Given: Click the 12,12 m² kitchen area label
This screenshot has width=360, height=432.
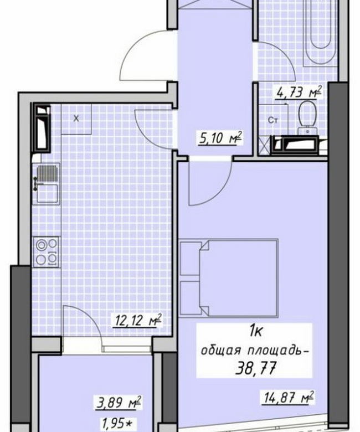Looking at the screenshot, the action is coord(137,321).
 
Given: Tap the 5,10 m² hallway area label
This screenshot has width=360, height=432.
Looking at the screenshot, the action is coord(220,138).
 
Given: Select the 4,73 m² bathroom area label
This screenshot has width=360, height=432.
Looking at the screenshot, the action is coord(299,92).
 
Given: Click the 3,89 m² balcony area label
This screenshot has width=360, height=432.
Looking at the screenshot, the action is coord(119,404).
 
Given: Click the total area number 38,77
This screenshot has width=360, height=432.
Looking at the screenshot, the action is coord(256,368).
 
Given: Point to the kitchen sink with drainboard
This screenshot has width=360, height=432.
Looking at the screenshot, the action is coord(47,184).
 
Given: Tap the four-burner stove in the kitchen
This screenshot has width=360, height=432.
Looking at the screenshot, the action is coord(47,252).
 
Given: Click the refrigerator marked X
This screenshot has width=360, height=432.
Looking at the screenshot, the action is coord(76,119).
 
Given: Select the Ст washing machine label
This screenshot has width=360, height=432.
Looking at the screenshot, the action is coord(272,120).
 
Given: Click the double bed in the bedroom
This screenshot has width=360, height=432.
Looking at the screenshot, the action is coord(238,278).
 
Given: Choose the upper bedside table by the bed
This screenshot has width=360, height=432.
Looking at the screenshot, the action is coord(190,258).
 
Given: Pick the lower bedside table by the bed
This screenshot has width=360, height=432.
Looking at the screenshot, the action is coord(190,298).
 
